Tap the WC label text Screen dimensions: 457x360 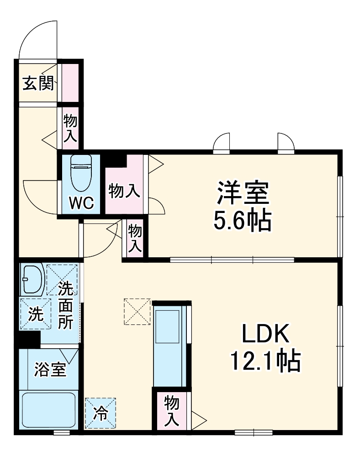click(81, 202)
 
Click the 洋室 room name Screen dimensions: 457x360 click(243, 193)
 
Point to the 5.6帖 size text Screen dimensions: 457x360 click(243, 221)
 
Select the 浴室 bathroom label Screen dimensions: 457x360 click(50, 369)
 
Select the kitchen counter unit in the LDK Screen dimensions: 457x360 click(169, 346)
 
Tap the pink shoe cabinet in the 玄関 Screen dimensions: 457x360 click(70, 83)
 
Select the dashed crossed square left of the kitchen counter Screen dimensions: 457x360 click(137, 311)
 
